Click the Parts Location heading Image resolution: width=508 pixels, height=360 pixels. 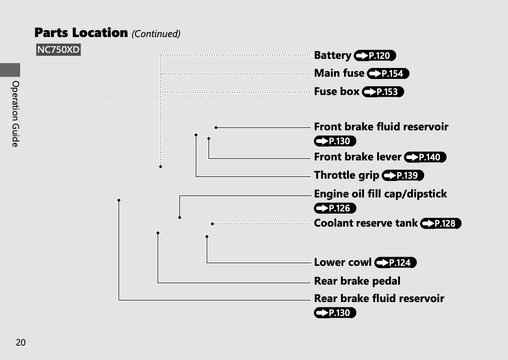click(81, 33)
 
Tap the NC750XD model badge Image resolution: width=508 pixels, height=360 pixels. click(58, 50)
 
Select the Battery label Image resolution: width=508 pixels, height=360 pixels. click(333, 55)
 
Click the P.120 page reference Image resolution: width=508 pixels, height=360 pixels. click(375, 56)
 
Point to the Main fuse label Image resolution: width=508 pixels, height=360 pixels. click(339, 73)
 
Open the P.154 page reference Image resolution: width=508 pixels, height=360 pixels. click(388, 74)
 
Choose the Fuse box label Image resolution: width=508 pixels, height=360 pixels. click(337, 92)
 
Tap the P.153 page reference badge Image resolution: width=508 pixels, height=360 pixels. click(383, 92)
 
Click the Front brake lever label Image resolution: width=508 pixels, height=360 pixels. click(358, 157)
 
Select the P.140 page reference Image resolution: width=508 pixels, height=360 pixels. click(425, 157)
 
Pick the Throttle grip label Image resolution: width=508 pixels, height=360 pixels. click(346, 175)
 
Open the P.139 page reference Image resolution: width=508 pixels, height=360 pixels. click(402, 176)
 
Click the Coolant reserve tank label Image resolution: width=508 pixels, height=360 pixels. click(366, 223)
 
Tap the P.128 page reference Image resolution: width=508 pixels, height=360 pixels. click(440, 224)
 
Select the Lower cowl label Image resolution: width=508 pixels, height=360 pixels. click(343, 262)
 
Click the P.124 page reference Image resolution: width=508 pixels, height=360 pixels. click(395, 263)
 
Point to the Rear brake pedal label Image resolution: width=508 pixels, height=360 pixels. click(357, 281)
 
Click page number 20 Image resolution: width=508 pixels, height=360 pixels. click(20, 343)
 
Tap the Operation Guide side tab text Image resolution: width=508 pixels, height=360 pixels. click(15, 113)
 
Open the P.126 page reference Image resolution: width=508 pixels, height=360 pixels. click(335, 208)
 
